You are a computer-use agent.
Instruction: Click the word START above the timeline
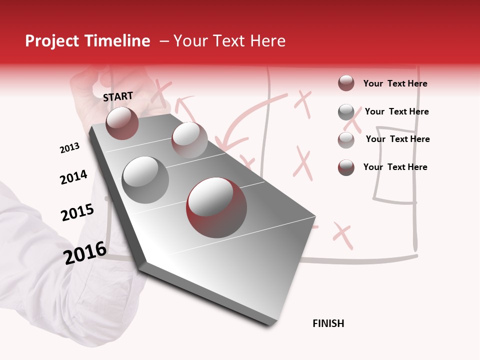pos(118,96)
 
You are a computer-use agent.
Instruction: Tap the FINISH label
pos(328,323)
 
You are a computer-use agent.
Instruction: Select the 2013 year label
pos(69,147)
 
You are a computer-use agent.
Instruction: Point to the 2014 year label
pos(73,177)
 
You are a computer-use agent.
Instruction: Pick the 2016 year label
pos(85,252)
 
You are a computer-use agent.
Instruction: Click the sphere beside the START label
pos(122,123)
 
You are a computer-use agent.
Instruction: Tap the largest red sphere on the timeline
pos(216,207)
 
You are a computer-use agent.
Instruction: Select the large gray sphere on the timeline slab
pos(145,179)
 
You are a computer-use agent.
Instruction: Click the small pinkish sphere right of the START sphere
pos(189,140)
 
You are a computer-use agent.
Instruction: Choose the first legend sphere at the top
pos(346,83)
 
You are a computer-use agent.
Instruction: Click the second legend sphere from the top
pos(346,111)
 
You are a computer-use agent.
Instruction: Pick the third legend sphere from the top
pos(346,139)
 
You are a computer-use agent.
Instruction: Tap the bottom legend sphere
pos(346,167)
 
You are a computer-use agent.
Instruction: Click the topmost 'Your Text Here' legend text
pos(395,83)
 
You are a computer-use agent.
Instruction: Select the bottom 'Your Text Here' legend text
pos(395,167)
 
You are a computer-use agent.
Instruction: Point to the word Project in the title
pos(52,41)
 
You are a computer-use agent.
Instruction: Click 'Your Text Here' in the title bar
pos(229,41)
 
